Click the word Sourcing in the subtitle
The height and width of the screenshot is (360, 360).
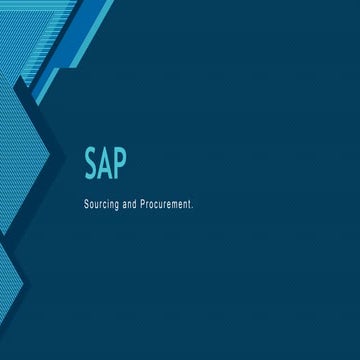[106, 201]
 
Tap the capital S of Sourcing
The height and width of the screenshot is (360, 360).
[89, 201]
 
